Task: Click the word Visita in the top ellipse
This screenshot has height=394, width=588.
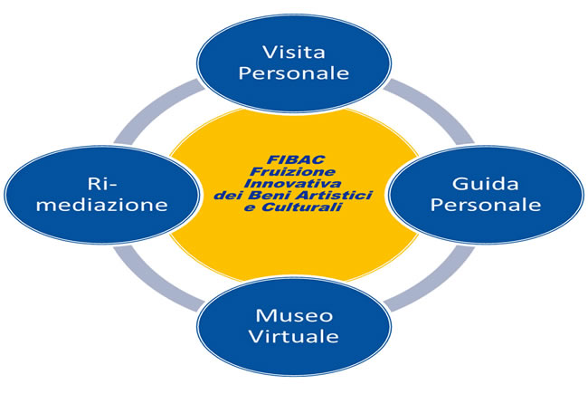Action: point(294,53)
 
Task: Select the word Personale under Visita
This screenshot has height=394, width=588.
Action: point(294,72)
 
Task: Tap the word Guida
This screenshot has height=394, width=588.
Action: point(485,184)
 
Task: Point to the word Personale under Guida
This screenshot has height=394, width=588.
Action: point(486,205)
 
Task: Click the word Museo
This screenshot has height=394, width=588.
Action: point(294,315)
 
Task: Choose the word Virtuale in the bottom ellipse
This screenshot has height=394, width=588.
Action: point(294,336)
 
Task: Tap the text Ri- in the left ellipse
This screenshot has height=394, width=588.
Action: point(102,184)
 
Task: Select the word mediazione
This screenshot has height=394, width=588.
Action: point(102,205)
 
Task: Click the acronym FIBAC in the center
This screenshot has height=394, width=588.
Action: point(296,159)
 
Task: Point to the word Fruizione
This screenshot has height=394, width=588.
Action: point(292,172)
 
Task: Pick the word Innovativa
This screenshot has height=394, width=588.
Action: point(292,183)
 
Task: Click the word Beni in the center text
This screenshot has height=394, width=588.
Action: point(266,196)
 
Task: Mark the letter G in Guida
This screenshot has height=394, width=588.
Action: point(459,184)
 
